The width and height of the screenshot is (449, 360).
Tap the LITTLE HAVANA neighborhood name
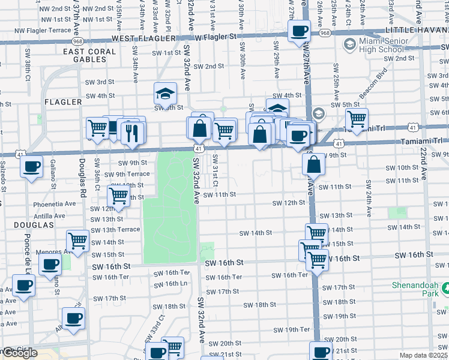[x=417, y=29]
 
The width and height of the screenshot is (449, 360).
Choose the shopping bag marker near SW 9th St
[x=314, y=164]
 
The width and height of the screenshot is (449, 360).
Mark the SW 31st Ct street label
[x=215, y=165]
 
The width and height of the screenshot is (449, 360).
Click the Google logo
[x=19, y=353]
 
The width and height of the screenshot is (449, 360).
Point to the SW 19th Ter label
[x=292, y=329]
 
